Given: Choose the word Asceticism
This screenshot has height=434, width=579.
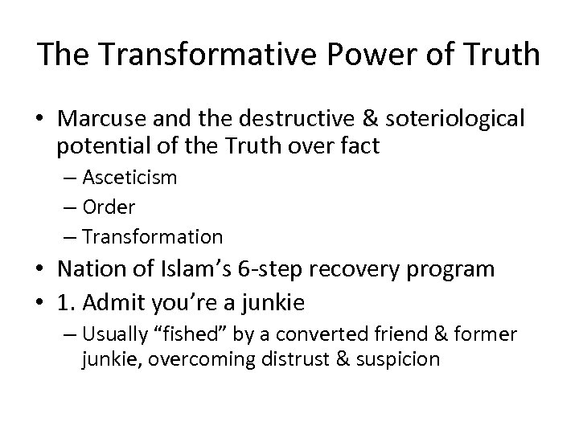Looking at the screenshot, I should coord(130,178).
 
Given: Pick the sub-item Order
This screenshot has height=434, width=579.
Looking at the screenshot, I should coord(109,207).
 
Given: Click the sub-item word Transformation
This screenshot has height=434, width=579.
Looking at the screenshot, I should coord(152,237).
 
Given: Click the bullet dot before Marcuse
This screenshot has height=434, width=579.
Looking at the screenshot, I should coord(39,119).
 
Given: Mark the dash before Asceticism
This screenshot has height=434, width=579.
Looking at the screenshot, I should coord(65,178).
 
